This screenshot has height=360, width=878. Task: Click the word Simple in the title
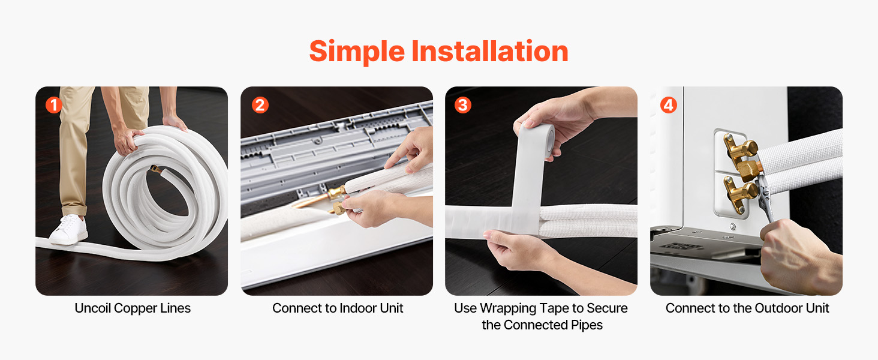pyautogui.click(x=357, y=52)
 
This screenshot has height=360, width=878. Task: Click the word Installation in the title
pyautogui.click(x=490, y=51)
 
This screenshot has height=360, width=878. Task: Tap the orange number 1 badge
pyautogui.click(x=54, y=105)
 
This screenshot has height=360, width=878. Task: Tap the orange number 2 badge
pyautogui.click(x=260, y=105)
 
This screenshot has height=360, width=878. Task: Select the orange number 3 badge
pyautogui.click(x=463, y=105)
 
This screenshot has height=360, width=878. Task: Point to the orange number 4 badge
pyautogui.click(x=669, y=105)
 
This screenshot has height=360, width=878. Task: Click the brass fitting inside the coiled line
pyautogui.click(x=155, y=169)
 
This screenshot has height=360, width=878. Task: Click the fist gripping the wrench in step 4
pyautogui.click(x=796, y=255)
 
